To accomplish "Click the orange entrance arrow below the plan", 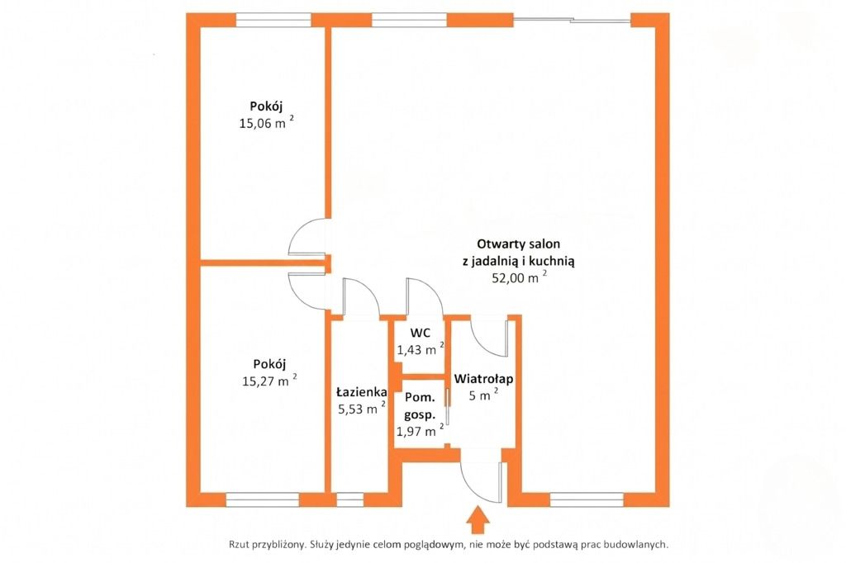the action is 478,520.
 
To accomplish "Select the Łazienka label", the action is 361,392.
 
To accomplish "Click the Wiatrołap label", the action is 483,379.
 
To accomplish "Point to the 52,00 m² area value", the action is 519,277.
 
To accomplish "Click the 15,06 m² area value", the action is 267,122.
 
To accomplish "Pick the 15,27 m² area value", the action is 269,381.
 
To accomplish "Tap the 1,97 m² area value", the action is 420,431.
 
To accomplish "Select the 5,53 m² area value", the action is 362,409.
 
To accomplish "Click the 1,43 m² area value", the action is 421,349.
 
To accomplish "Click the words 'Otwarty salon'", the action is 519,244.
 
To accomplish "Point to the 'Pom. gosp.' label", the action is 420,406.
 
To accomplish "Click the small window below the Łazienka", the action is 350,500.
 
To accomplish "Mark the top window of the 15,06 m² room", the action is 273,20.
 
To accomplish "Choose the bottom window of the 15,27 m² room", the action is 262,500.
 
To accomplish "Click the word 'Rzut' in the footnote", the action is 239,545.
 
